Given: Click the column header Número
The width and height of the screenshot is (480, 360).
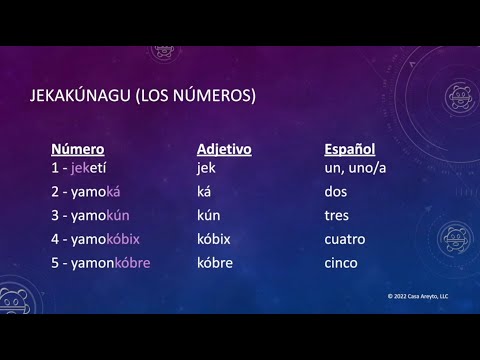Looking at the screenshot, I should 77,148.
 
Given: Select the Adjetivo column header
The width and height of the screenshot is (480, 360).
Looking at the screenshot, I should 223,148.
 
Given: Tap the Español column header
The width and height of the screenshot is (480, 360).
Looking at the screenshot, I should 349,148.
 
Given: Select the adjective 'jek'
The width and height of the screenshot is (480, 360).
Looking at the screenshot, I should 206,167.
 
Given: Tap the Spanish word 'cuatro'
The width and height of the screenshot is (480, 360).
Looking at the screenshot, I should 345,239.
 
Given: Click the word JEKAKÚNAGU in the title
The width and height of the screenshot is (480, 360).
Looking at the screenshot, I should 91,97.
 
